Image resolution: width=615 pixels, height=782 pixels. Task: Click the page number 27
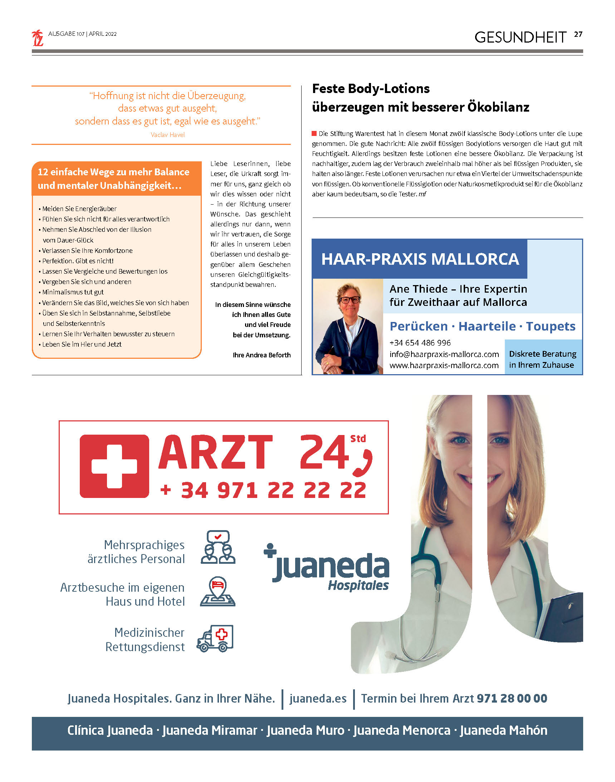tap(578, 35)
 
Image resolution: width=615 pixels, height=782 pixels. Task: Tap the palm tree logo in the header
tap(38, 38)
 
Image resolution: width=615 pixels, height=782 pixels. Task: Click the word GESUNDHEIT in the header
tap(520, 38)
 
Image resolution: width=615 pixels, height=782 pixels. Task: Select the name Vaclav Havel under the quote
tap(167, 135)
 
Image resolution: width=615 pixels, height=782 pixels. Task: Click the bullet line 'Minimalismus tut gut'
tap(73, 292)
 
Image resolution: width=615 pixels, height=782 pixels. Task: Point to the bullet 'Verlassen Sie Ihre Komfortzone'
tap(87, 250)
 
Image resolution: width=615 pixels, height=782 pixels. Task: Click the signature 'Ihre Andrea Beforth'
tap(262, 355)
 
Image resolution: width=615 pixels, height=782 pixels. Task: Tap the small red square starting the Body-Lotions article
tap(314, 133)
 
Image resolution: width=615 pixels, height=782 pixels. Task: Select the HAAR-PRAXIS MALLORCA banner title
tap(420, 259)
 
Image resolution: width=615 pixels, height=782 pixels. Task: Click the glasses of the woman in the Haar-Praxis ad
tap(349, 299)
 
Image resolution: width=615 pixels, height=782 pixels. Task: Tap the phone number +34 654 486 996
tap(420, 343)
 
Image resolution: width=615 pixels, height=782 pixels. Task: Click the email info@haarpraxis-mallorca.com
tap(444, 354)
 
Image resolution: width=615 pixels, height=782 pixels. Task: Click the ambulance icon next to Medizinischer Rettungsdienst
tap(215, 638)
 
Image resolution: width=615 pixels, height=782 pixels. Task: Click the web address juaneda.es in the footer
tap(318, 699)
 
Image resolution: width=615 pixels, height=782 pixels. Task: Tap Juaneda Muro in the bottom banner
tap(305, 730)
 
